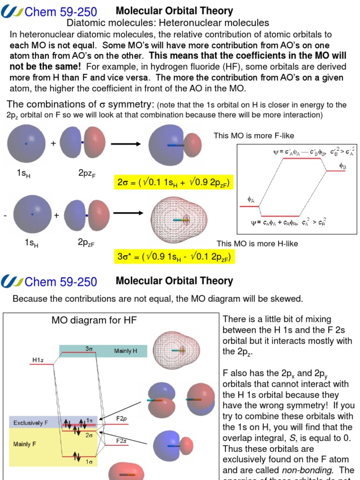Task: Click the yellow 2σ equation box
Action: coord(174,182)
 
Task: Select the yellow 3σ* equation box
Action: coord(174,257)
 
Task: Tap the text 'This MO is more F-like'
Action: coord(254,136)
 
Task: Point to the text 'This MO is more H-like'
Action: coord(257,244)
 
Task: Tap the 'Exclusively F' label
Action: coord(30,423)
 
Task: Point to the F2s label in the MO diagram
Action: coord(123,441)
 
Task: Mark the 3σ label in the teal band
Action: coord(89,348)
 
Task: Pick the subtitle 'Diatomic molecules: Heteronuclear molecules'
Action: coord(168,22)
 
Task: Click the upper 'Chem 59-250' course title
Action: coord(61,11)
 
